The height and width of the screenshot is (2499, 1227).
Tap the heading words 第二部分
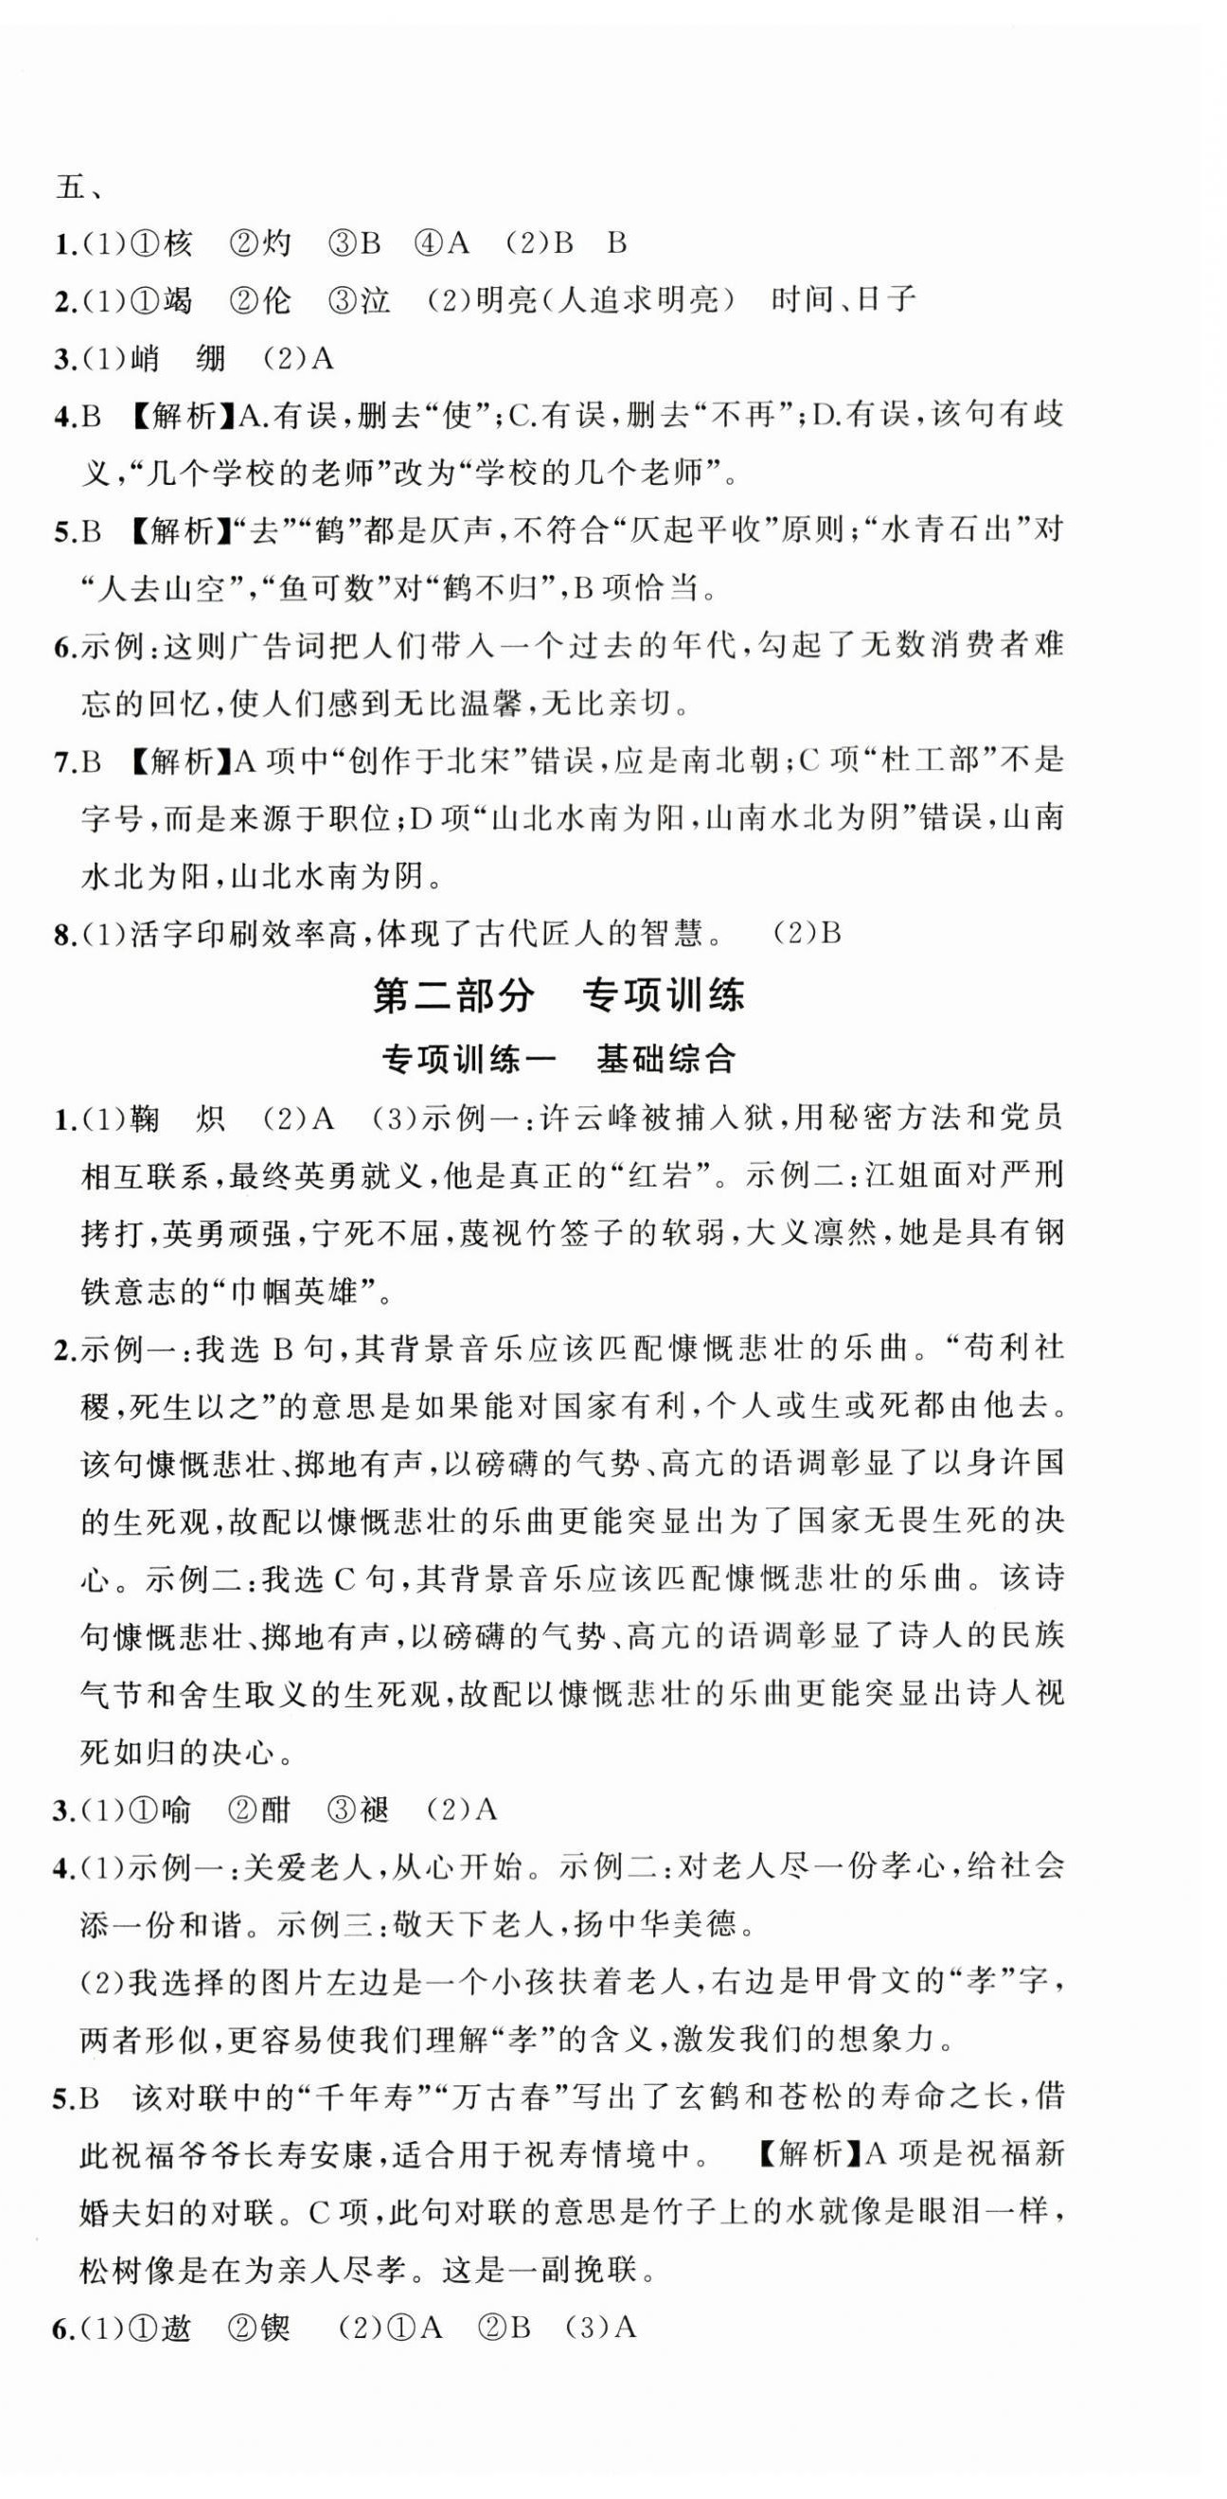(453, 996)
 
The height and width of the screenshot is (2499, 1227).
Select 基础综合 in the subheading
(667, 1059)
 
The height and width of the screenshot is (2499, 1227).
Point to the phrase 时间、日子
(843, 300)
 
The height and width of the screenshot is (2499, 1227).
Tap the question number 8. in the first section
(65, 935)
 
